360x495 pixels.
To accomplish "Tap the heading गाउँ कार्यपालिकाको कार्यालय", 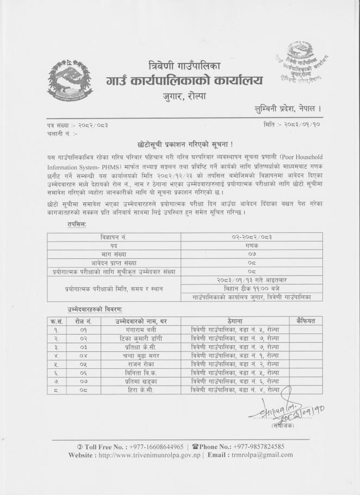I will pyautogui.click(x=184, y=82).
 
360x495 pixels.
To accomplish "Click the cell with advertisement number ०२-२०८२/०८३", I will pyautogui.click(x=252, y=237).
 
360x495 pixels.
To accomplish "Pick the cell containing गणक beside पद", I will pyautogui.click(x=252, y=245).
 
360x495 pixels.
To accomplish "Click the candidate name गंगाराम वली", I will pyautogui.click(x=132, y=330).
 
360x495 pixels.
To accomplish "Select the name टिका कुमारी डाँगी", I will pyautogui.click(x=132, y=338).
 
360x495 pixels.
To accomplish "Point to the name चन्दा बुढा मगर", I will pyautogui.click(x=132, y=355).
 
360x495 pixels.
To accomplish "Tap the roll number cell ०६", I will pyautogui.click(x=83, y=372).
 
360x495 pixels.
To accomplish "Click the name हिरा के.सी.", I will pyautogui.click(x=132, y=389).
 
